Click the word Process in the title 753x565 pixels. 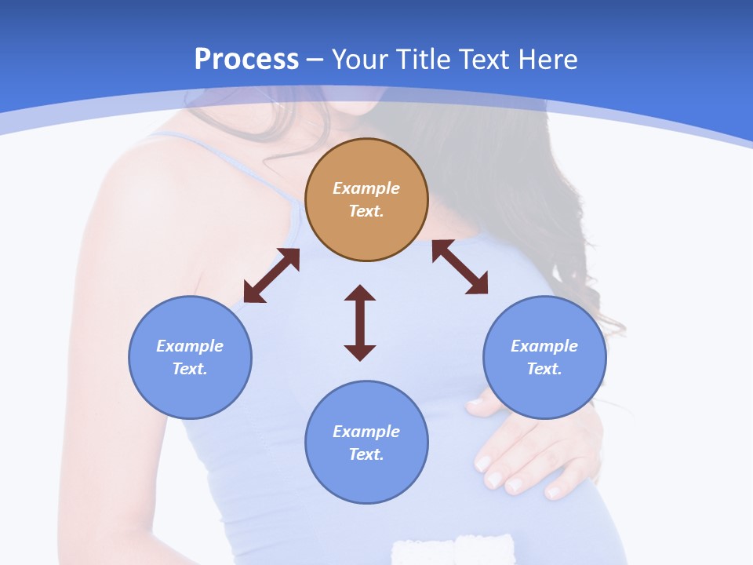coord(246,60)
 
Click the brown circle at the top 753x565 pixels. coord(366,199)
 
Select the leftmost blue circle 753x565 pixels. coord(190,357)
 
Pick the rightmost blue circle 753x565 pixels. coord(544,357)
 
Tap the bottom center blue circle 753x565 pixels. coord(366,443)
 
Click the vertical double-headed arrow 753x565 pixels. coord(360,323)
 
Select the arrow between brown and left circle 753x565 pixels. coord(271,275)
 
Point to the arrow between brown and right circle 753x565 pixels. coord(460,268)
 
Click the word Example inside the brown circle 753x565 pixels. coord(366,188)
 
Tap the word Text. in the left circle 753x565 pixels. coord(190,369)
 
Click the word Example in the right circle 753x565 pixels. coord(544,346)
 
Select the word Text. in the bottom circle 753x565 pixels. coord(366,454)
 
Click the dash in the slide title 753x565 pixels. coord(315,60)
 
